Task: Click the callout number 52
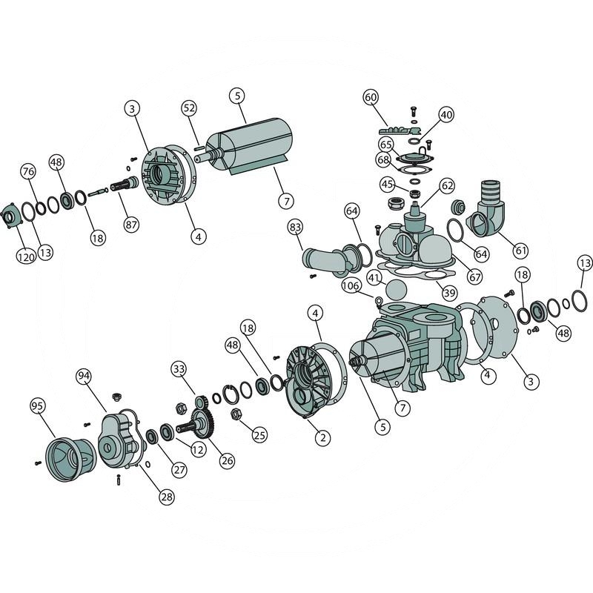pos(189,108)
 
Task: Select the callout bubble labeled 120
pos(26,257)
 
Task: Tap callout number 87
pos(131,225)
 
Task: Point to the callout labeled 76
pos(29,171)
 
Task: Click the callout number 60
pos(371,97)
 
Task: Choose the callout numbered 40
pos(446,115)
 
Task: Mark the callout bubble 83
pos(295,228)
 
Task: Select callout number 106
pos(351,285)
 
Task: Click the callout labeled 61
pos(521,250)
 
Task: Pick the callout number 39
pos(449,292)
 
